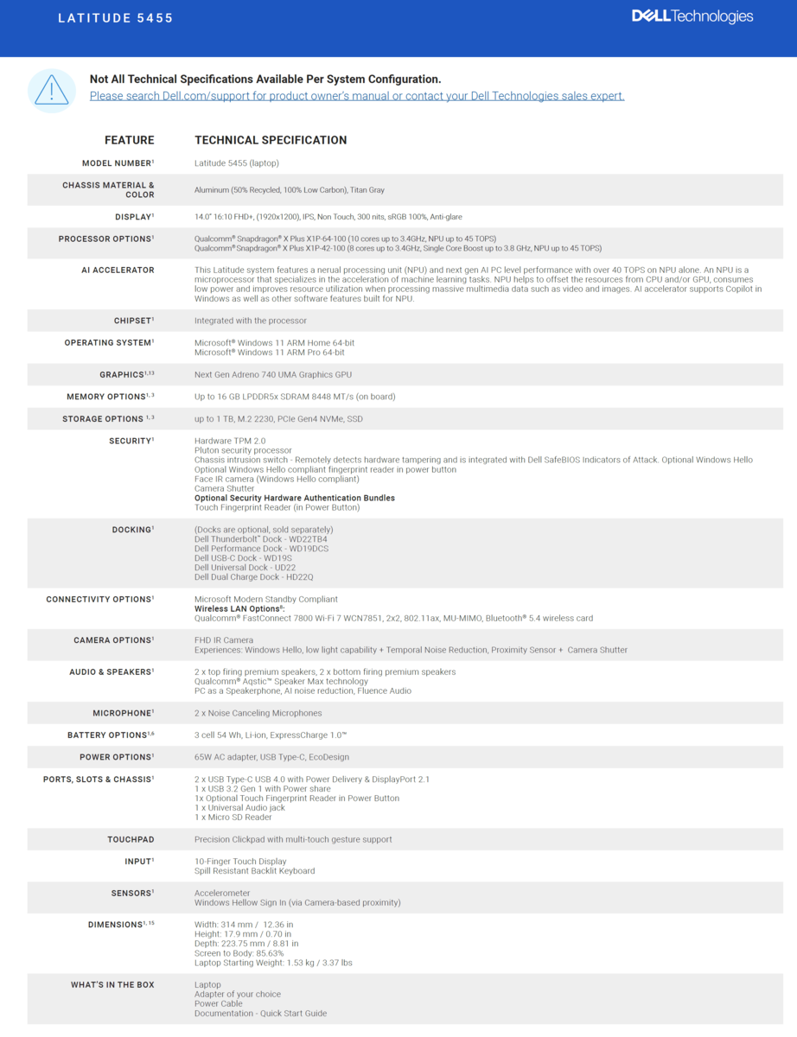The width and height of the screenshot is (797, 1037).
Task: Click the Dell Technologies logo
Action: [x=692, y=16]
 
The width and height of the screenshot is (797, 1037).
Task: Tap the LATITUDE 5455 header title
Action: [x=116, y=18]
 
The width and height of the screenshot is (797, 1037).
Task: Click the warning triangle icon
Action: [x=52, y=90]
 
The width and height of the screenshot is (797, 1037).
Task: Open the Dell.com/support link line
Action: [x=356, y=96]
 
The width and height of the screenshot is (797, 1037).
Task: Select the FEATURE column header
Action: [x=130, y=140]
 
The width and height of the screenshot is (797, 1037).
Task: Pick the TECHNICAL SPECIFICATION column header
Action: [x=271, y=140]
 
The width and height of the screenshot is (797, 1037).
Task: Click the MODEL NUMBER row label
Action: [x=118, y=163]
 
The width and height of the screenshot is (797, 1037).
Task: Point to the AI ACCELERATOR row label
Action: [x=118, y=270]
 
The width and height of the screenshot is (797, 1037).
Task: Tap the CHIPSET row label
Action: [x=133, y=321]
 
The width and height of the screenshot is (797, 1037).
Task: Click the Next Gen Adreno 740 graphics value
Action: [x=272, y=375]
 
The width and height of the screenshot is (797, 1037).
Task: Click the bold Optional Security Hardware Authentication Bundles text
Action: [x=294, y=498]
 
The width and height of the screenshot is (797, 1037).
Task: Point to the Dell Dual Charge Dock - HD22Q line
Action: [x=253, y=577]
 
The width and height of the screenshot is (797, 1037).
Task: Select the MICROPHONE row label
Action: [x=123, y=714]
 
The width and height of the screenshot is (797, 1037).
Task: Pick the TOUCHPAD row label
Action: [x=131, y=839]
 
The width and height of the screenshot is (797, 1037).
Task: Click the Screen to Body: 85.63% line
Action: [x=233, y=953]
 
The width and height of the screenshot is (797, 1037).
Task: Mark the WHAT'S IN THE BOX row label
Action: [x=112, y=985]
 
